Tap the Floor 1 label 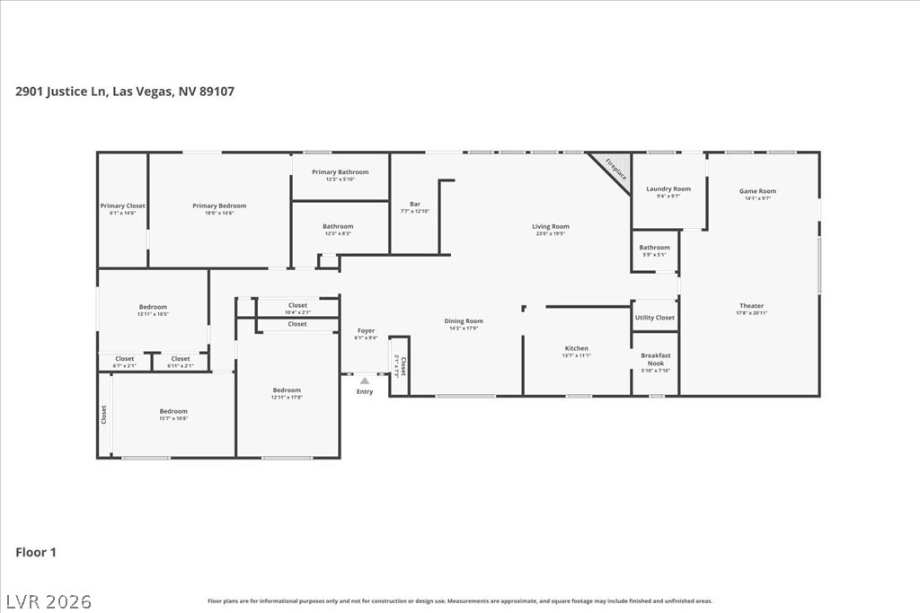36,553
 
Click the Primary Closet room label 122,206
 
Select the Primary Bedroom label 219,206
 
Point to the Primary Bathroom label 340,171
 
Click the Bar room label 415,204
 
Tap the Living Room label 551,226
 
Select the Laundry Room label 668,188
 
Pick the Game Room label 757,190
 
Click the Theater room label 751,306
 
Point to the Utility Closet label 654,318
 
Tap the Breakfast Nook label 655,359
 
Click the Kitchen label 576,348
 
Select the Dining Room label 464,320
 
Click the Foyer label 366,330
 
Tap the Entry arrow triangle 365,381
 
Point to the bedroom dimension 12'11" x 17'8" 287,397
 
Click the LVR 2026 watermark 49,600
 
